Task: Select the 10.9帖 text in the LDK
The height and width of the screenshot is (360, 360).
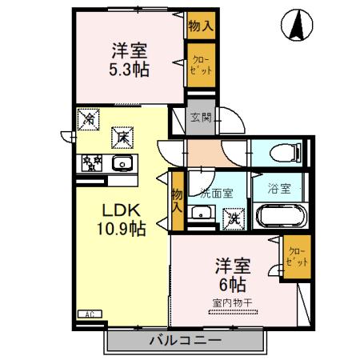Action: click(122, 228)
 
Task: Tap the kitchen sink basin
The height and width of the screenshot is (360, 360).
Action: click(122, 164)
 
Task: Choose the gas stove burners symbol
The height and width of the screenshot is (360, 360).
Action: click(91, 163)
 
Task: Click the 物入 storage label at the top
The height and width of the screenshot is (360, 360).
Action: click(200, 26)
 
